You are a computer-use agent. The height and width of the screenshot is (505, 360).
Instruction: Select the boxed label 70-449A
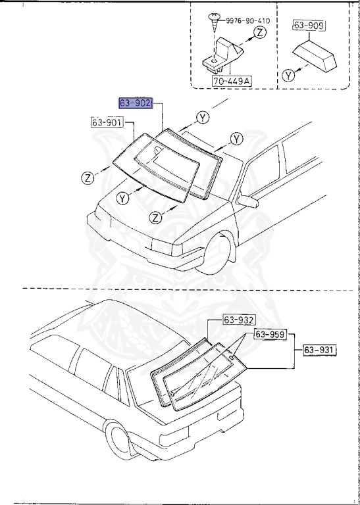[x=232, y=81]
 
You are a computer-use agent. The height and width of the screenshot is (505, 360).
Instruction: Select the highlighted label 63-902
[x=136, y=103]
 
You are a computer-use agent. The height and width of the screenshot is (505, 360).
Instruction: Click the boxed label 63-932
[x=239, y=320]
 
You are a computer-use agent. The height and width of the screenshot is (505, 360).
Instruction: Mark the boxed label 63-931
[x=319, y=350]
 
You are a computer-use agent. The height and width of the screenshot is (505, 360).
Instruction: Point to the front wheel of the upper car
[x=219, y=253]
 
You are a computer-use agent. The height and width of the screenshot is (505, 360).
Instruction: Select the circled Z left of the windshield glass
[x=88, y=176]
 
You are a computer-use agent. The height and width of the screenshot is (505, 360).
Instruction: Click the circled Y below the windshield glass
[x=122, y=197]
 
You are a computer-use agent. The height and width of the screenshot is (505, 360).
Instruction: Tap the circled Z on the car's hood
[x=155, y=217]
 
